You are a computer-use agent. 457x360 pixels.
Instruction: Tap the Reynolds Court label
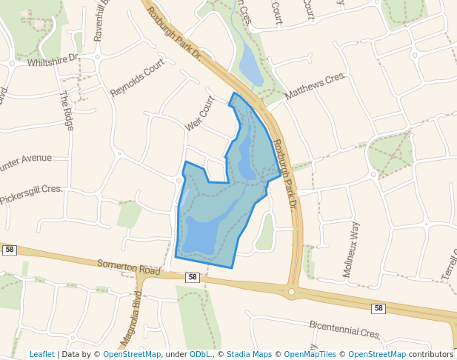coord(137,79)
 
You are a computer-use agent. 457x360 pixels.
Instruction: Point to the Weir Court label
coord(199,113)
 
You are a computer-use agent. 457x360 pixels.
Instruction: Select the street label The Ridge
coord(67,110)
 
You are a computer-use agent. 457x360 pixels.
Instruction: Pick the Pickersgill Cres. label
coord(31,195)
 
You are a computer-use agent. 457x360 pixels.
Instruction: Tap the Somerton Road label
coord(129,267)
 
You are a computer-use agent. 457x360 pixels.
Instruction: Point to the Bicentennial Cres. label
coord(344,330)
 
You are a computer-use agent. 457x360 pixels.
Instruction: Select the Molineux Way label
coord(351,249)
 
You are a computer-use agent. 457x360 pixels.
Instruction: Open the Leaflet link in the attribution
coord(41,354)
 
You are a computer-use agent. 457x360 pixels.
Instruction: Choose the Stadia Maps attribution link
coord(249,354)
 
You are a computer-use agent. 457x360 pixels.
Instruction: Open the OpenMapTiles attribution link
coord(310,354)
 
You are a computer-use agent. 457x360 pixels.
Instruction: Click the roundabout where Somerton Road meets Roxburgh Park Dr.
coord(292,292)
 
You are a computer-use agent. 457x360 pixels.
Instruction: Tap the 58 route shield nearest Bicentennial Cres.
coord(378,308)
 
